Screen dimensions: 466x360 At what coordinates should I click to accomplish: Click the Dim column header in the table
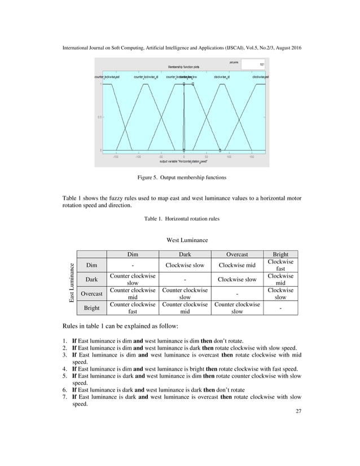point(133,254)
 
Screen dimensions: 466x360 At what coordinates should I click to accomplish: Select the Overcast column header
point(237,254)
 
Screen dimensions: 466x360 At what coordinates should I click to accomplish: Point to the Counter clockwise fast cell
point(133,308)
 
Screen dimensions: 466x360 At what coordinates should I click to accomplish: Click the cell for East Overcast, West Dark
point(185,293)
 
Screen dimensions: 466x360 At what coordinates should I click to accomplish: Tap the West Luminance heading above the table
point(187,241)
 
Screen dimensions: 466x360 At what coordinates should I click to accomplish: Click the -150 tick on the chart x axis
point(115,157)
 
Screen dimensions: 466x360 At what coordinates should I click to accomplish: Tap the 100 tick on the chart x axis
point(229,157)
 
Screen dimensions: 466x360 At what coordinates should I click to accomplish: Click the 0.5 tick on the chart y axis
point(99,117)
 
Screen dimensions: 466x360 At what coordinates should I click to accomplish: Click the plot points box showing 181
point(254,64)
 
